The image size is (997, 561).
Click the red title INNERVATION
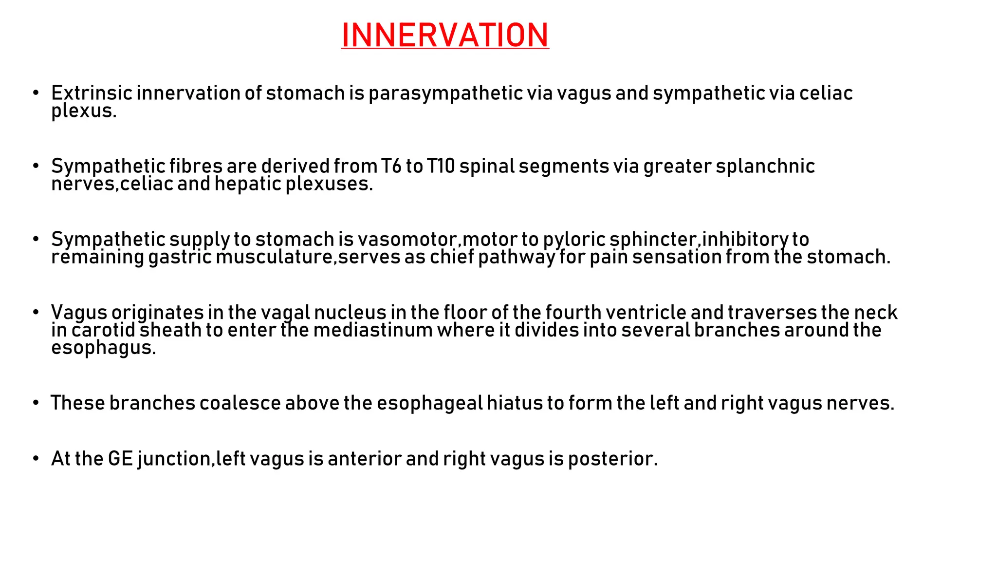pyautogui.click(x=445, y=35)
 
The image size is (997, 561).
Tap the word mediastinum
pyautogui.click(x=372, y=330)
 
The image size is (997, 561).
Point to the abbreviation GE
pyautogui.click(x=120, y=459)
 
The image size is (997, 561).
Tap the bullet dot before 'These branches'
pyautogui.click(x=36, y=403)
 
